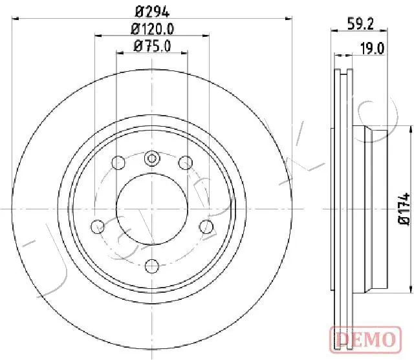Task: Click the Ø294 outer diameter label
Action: pyautogui.click(x=152, y=10)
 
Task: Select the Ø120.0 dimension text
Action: pyautogui.click(x=152, y=28)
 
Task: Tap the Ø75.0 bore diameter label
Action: pyautogui.click(x=152, y=45)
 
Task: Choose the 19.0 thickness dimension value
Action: pyautogui.click(x=373, y=47)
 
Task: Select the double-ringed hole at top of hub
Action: pyautogui.click(x=152, y=157)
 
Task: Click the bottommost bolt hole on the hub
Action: pyautogui.click(x=152, y=264)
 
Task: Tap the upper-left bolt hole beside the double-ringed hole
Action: pyautogui.click(x=118, y=162)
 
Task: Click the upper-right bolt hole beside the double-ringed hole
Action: pyautogui.click(x=185, y=162)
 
